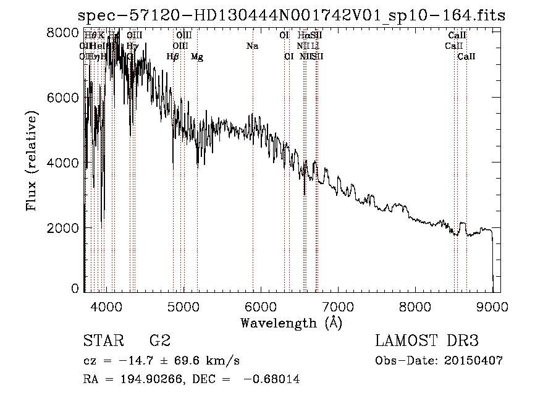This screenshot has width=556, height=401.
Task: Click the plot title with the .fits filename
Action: [292, 15]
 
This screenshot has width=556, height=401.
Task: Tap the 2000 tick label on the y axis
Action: [63, 227]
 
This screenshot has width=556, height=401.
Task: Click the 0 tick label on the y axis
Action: [75, 288]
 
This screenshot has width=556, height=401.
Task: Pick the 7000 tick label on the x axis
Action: [338, 306]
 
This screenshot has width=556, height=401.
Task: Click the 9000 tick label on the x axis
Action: [492, 306]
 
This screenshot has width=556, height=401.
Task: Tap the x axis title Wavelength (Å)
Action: [291, 323]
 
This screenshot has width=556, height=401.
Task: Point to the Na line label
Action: [252, 46]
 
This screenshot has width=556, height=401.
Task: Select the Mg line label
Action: [197, 57]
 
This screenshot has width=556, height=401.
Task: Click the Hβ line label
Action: [173, 57]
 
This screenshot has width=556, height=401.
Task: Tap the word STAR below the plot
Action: [102, 340]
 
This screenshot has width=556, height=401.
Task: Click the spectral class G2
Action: [159, 340]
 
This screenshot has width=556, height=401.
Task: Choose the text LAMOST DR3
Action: [426, 340]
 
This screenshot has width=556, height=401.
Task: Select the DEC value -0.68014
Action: [271, 379]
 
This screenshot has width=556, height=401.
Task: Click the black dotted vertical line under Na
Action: [253, 185]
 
